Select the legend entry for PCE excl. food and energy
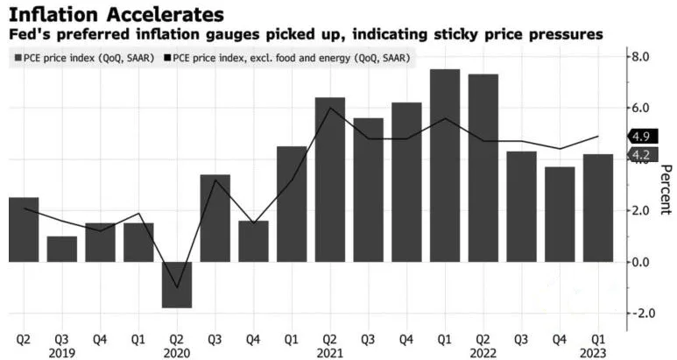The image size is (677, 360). tap(293, 58)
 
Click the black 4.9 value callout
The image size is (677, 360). tap(640, 137)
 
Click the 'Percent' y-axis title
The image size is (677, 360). tap(665, 189)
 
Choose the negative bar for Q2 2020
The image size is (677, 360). tap(176, 285)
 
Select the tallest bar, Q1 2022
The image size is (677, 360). tap(445, 166)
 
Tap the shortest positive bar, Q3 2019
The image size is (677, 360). tap(62, 249)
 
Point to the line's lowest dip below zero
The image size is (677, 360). tap(177, 287)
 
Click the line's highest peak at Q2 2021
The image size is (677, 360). tap(329, 108)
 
